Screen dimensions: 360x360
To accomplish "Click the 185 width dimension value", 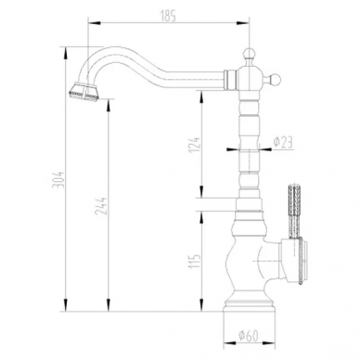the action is pyautogui.click(x=169, y=16).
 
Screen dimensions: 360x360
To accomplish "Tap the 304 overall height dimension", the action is pyautogui.click(x=58, y=179).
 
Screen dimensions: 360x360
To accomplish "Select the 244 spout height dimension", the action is pyautogui.click(x=101, y=206).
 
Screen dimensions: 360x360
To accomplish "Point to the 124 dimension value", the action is pyautogui.click(x=195, y=145).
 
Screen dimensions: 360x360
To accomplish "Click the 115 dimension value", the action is pyautogui.click(x=195, y=262).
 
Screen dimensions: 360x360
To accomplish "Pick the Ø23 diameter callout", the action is pyautogui.click(x=283, y=142).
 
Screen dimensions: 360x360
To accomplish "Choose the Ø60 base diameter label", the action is pyautogui.click(x=249, y=336).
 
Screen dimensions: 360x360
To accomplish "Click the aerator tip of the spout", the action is pyautogui.click(x=84, y=92).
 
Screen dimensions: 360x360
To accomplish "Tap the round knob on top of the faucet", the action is pyautogui.click(x=249, y=53).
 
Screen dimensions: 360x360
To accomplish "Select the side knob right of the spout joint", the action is pyautogui.click(x=275, y=79).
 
